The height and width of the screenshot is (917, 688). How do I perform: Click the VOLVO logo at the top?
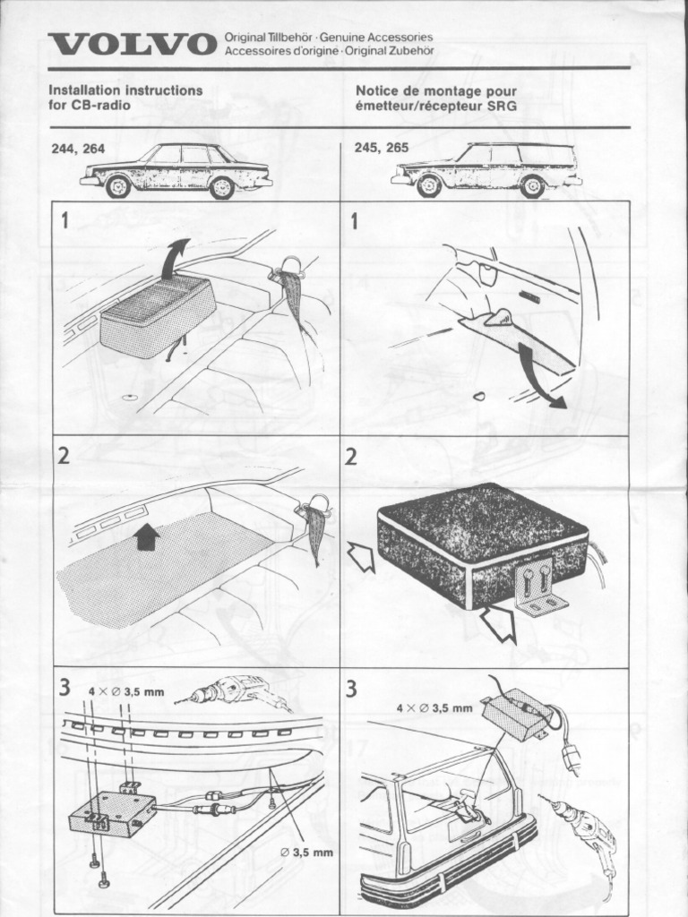[x=132, y=45]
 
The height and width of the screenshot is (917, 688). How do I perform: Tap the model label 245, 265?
[x=375, y=149]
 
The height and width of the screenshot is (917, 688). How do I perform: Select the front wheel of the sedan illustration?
[x=117, y=186]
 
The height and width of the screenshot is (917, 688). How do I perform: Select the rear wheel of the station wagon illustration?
[x=532, y=186]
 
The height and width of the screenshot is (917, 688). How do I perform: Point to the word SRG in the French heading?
[x=504, y=106]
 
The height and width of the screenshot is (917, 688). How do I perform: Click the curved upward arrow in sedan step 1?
[x=176, y=254]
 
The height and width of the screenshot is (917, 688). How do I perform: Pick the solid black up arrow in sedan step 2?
[x=146, y=537]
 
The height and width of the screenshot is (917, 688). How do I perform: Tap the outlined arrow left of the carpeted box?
[x=361, y=560]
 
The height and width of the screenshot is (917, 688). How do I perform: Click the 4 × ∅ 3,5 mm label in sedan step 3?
[x=125, y=692]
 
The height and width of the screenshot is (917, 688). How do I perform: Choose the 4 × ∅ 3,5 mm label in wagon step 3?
[x=434, y=707]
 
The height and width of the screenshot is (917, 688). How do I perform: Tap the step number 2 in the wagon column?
[x=352, y=456]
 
